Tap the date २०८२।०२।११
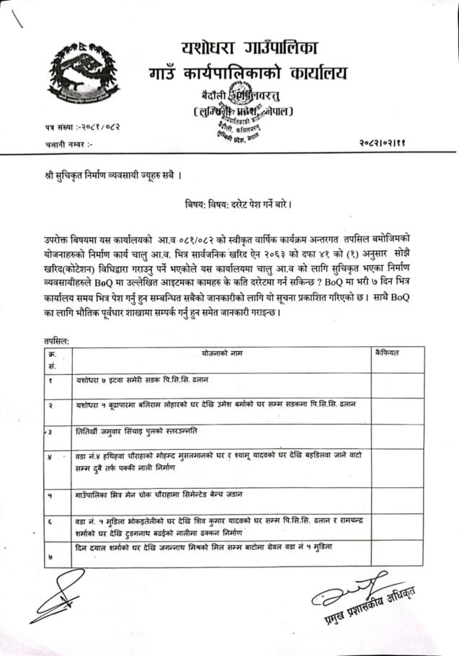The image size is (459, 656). click(396, 144)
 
